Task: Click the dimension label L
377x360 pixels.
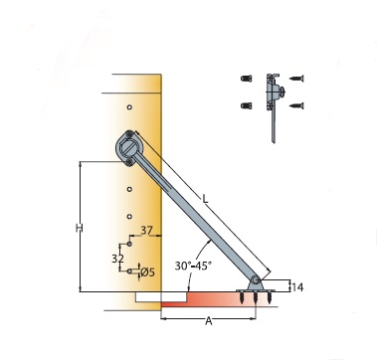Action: tap(206, 199)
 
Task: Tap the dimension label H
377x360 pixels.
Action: tap(79, 228)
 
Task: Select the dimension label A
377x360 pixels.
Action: tap(208, 321)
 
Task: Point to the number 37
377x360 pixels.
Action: tap(146, 231)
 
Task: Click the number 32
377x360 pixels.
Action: tap(117, 259)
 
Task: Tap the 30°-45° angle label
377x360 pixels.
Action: tap(193, 266)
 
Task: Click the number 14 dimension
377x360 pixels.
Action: tap(297, 287)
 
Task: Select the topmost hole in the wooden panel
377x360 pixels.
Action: tap(129, 107)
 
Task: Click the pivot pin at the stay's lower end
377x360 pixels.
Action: tap(255, 280)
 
